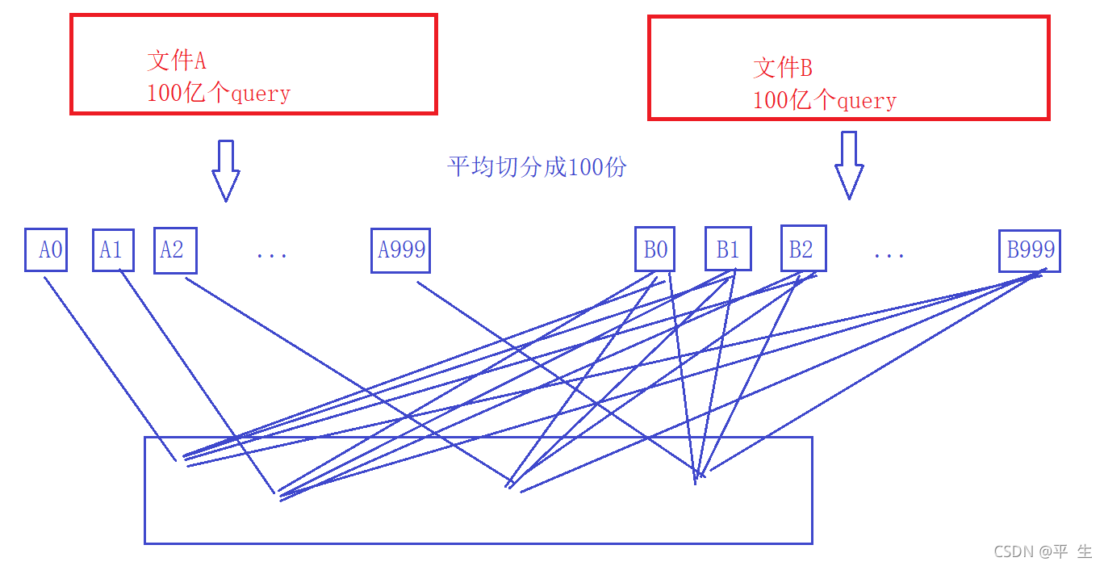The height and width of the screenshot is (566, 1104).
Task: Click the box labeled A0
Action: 45,250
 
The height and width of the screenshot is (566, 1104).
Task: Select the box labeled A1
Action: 113,250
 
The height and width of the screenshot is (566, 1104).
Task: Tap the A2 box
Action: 175,250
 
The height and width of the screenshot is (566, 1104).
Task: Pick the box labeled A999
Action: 400,250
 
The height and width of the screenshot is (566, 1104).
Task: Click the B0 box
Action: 654,250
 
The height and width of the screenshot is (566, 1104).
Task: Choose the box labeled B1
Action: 728,249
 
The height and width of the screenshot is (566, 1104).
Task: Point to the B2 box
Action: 803,249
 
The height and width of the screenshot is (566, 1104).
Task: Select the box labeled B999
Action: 1029,250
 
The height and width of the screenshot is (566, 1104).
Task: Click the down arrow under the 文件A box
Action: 226,170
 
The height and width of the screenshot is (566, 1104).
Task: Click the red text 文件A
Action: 177,61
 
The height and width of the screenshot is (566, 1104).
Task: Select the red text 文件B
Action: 783,67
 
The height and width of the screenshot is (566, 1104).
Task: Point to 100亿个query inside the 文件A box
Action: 218,93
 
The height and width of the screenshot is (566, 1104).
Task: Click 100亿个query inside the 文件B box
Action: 824,100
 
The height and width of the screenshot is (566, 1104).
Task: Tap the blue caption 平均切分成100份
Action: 537,167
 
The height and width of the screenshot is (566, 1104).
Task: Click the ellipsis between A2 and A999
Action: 272,255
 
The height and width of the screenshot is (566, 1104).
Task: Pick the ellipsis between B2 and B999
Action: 889,255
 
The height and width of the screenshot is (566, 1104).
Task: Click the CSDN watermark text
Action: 1042,551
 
